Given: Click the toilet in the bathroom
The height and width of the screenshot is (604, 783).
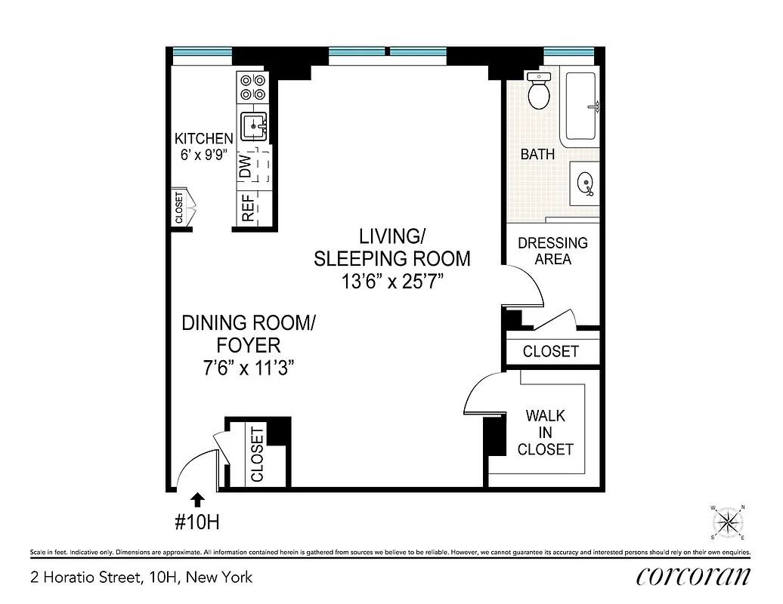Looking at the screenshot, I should click(539, 93).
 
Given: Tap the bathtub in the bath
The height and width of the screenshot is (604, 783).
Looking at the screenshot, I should click(580, 106).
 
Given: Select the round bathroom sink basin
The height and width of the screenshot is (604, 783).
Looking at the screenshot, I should click(585, 182).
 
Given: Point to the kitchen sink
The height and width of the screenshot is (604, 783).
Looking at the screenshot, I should click(252, 125).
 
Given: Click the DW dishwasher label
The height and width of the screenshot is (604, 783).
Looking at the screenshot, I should click(246, 167).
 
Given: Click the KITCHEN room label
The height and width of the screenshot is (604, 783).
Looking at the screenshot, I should click(203, 139).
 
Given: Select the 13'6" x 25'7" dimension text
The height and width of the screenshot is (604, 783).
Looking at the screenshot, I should click(391, 282).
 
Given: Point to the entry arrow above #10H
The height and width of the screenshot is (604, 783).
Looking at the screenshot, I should click(197, 499).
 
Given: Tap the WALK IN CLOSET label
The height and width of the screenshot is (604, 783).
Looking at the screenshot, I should click(546, 433).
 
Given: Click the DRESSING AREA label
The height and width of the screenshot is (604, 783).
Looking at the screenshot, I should click(552, 251).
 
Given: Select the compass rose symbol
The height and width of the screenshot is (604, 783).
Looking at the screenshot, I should click(728, 522).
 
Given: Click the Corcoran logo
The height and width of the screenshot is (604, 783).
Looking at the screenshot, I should click(694, 578).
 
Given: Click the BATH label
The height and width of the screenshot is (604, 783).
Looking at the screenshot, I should click(537, 154).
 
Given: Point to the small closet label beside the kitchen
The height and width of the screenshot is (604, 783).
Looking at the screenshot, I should click(179, 208).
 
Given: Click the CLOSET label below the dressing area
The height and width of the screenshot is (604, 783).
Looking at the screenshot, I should click(550, 351).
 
